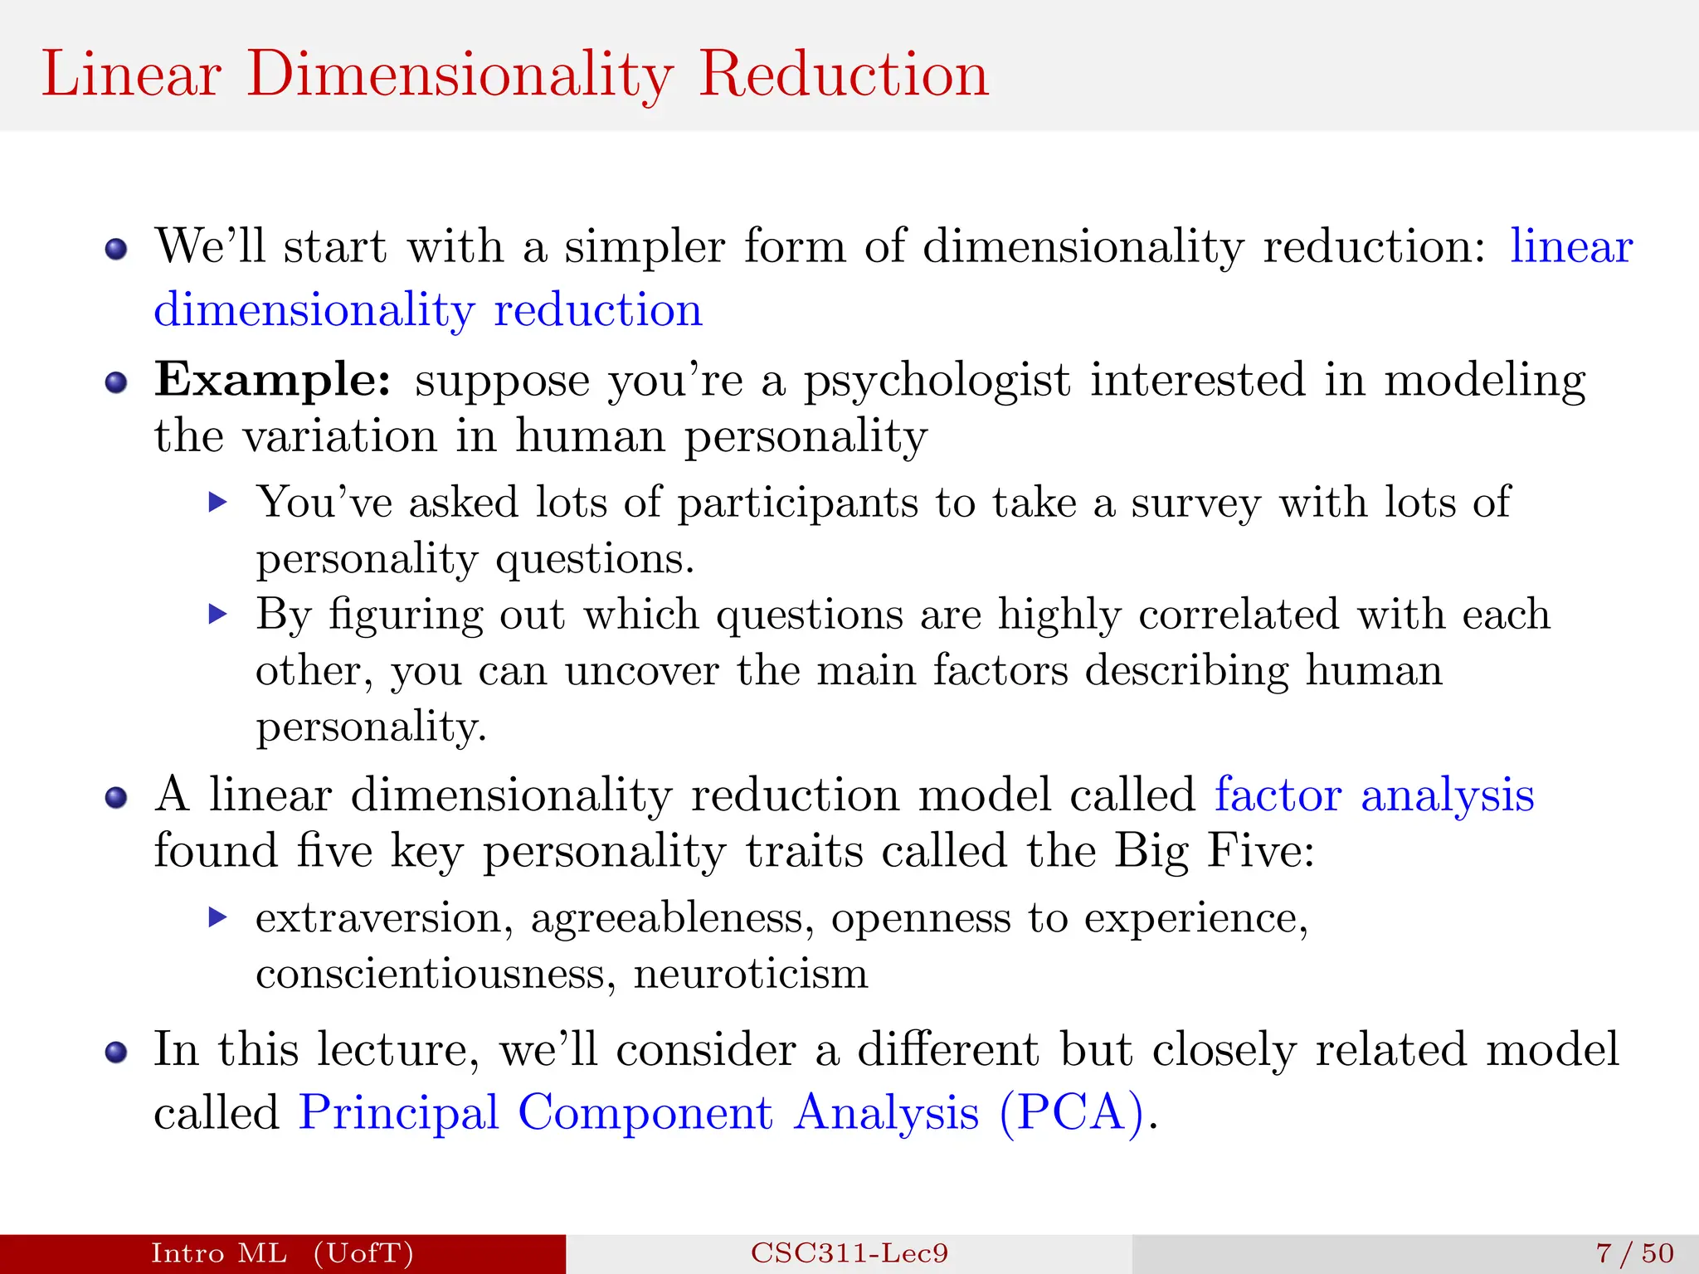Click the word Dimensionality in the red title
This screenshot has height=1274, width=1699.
click(460, 75)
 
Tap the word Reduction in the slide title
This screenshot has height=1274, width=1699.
click(843, 75)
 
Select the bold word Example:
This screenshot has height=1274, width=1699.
click(273, 381)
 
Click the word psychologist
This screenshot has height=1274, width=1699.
click(937, 382)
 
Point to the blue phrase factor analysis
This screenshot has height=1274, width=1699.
click(1374, 795)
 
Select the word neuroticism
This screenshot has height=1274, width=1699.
click(751, 973)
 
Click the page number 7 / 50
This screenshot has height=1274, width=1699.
click(1634, 1253)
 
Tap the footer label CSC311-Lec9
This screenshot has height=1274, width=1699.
click(849, 1253)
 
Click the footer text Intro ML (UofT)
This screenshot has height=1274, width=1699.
click(282, 1253)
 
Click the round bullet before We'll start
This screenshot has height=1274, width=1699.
click(116, 249)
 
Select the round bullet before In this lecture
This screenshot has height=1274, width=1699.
click(116, 1052)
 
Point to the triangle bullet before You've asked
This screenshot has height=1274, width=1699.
click(217, 502)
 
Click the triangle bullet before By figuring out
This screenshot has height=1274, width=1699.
click(217, 615)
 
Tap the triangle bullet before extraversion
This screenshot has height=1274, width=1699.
click(217, 917)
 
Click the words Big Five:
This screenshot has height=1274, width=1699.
click(1214, 852)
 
